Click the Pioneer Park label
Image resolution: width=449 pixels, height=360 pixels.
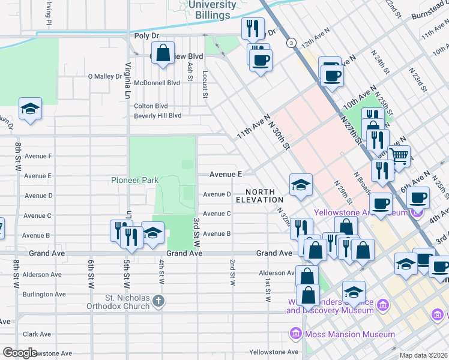134,180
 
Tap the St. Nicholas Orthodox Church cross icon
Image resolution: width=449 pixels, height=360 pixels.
158,301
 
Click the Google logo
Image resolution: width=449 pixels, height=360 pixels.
20,353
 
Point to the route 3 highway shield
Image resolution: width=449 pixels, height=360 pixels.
291,43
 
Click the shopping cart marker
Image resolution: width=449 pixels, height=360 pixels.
399,156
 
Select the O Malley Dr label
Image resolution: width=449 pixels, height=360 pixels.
105,76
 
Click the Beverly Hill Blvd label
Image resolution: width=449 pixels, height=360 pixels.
157,115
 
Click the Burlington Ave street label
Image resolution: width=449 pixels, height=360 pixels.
44,295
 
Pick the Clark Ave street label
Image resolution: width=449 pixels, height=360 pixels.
37,334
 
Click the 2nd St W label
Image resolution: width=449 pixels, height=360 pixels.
232,272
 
